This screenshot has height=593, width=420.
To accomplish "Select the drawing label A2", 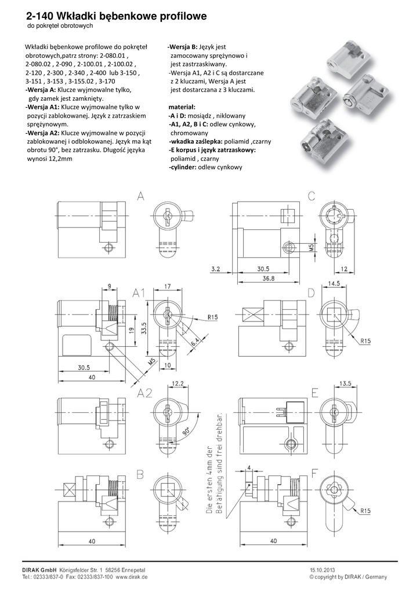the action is tap(144, 393).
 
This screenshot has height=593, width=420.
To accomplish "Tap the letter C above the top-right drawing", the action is tap(312, 196).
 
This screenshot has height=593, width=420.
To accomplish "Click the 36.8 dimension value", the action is tap(268, 279).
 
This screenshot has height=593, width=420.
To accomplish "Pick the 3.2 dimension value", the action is tap(215, 269).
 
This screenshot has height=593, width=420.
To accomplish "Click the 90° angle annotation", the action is tap(186, 431).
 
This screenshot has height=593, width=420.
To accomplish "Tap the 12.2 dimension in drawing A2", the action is tap(178, 383).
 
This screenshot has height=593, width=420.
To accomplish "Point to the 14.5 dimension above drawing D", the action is tap(333, 283).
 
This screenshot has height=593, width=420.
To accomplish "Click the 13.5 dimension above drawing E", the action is tap(345, 383).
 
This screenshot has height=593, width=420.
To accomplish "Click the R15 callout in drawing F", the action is tap(365, 511).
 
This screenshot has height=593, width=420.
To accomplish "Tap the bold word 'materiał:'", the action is tap(182, 107).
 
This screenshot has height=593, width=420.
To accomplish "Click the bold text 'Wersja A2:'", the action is tap(42, 133).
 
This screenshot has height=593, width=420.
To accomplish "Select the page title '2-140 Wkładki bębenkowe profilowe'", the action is tap(117, 16).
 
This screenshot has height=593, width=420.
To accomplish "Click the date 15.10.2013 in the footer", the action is tap(322, 570).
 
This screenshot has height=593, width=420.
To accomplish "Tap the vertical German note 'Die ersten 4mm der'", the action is tap(209, 479).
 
